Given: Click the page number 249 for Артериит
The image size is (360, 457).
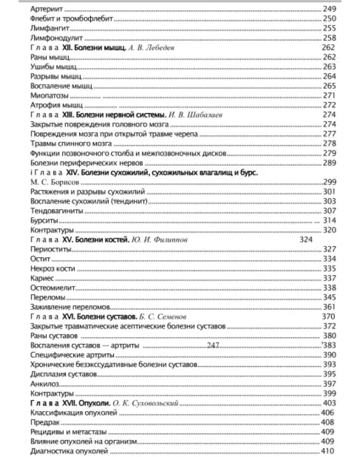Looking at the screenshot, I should [x=329, y=9].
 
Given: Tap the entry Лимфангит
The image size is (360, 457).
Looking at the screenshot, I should [x=45, y=28].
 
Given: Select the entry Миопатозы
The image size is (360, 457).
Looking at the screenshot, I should [x=49, y=96].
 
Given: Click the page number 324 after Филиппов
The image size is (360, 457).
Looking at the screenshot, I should [x=306, y=240].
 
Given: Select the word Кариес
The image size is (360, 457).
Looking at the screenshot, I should [x=42, y=278].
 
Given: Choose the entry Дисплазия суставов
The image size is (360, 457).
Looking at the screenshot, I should [x=63, y=374].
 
